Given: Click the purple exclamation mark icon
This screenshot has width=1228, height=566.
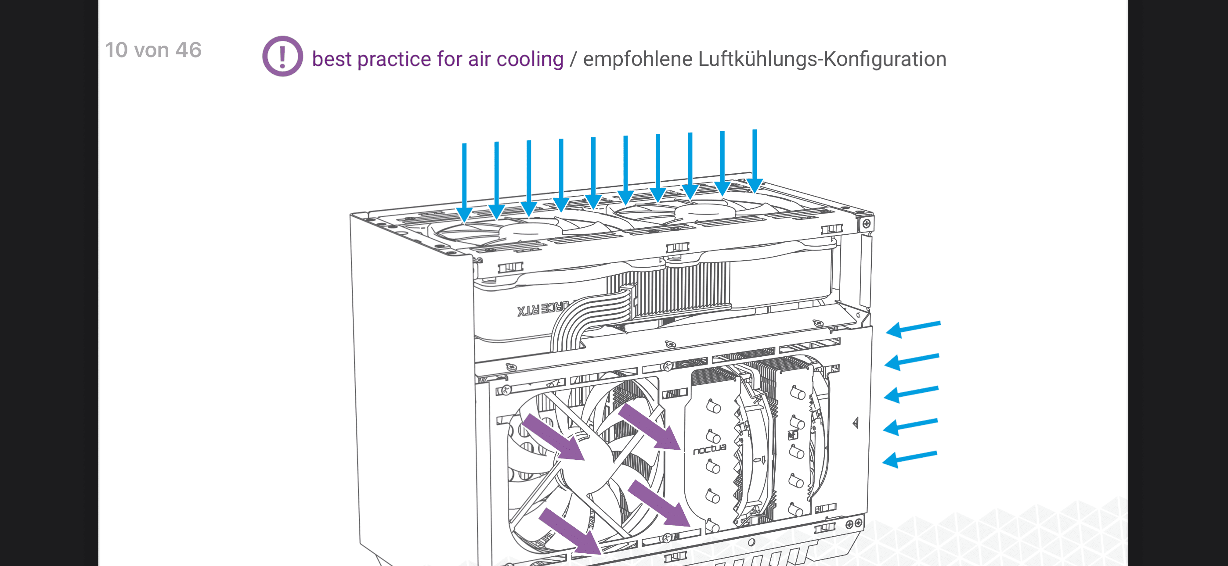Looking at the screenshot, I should (282, 56).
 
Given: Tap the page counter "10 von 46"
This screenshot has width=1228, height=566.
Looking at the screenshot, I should (153, 50).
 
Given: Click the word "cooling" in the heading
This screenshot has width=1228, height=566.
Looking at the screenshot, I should (530, 59).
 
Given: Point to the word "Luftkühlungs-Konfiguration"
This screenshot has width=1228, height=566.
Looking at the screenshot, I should (822, 59).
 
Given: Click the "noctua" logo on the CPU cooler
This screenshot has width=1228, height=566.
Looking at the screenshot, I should (709, 449).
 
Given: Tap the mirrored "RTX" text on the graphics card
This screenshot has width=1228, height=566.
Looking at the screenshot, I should (528, 310).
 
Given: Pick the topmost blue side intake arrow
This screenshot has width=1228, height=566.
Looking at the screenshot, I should (913, 329).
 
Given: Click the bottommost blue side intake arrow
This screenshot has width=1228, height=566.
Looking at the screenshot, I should (910, 459).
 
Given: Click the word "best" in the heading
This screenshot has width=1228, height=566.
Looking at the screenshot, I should (332, 59).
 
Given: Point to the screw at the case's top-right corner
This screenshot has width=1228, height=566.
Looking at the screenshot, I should (866, 223).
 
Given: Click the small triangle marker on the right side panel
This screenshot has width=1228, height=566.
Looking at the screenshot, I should (856, 423).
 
